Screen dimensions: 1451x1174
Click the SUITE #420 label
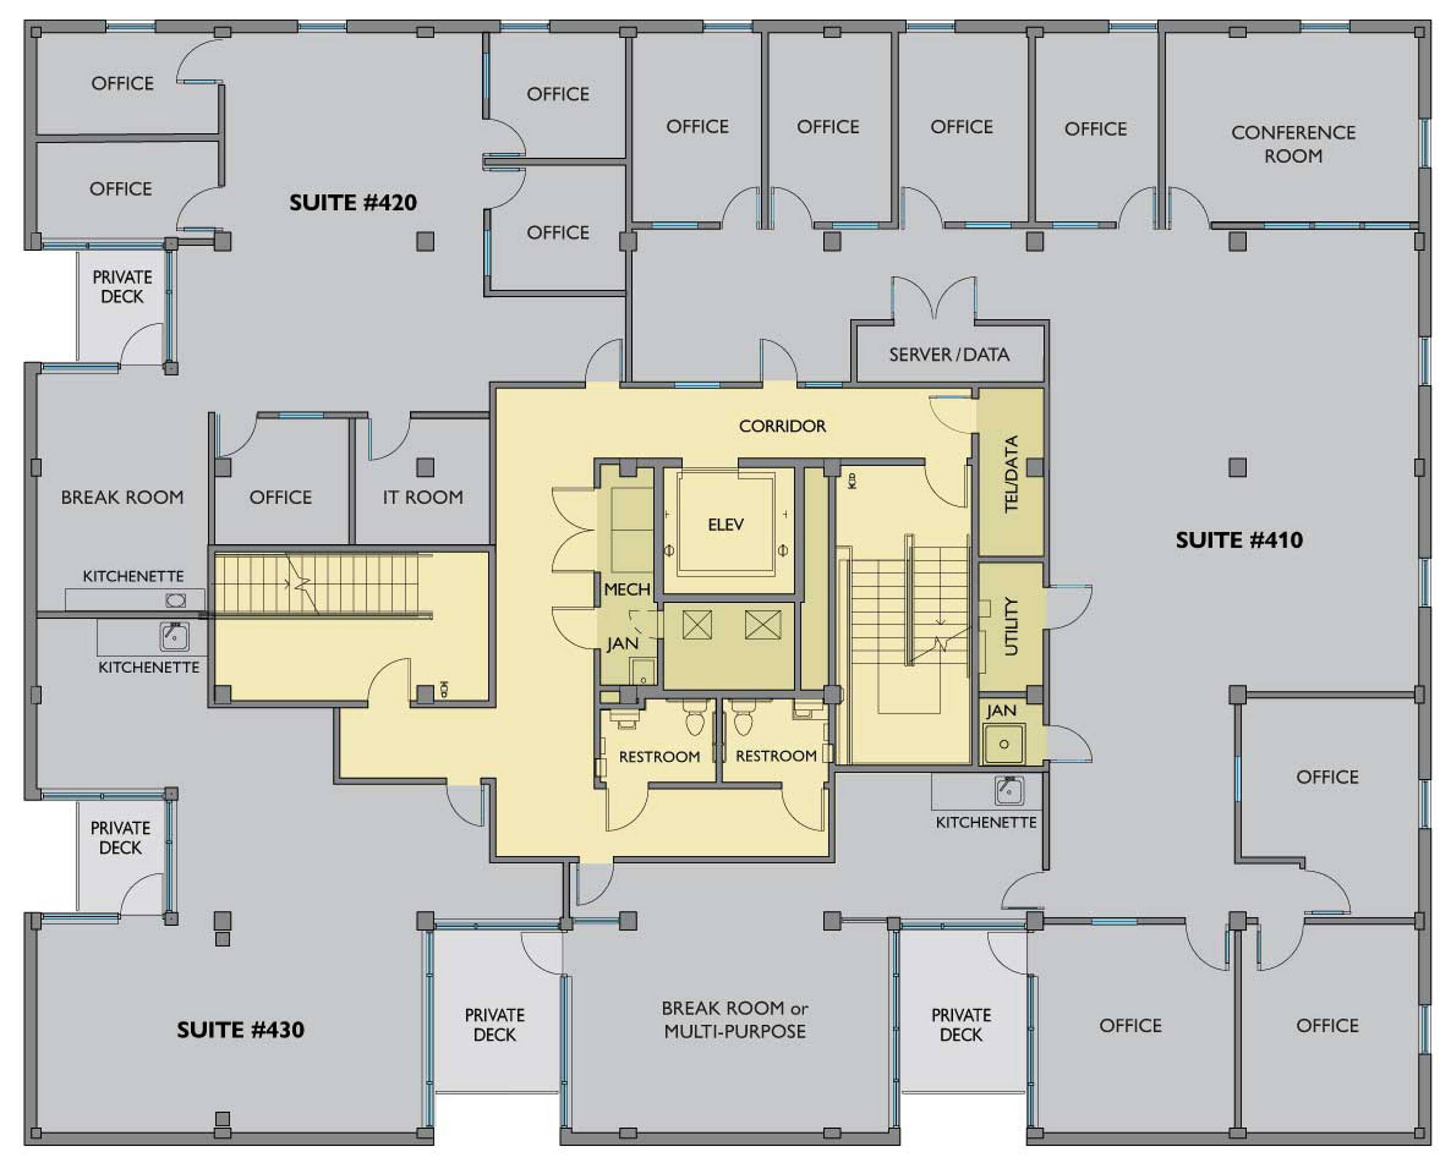point(353,202)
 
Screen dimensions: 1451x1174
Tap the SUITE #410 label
point(1238,539)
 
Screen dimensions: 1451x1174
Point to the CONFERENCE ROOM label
point(1294,144)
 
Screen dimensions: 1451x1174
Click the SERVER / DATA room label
point(949,355)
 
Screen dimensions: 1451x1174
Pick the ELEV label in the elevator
point(726,524)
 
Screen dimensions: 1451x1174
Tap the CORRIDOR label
point(783,426)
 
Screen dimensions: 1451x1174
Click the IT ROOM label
point(423,497)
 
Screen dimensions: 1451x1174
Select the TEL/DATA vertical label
point(1011,474)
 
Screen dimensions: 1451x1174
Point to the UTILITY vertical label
point(1011,626)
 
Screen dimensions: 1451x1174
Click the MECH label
point(627,589)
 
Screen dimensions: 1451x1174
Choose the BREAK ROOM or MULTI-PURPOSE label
point(735,1020)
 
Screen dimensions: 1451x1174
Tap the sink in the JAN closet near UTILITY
point(1004,744)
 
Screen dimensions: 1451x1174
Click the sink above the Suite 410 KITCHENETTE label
point(1009,790)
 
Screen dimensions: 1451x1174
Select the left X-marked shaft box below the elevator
point(697,624)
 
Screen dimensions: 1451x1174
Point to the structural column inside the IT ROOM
point(425,467)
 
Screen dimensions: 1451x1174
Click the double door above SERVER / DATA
point(934,298)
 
